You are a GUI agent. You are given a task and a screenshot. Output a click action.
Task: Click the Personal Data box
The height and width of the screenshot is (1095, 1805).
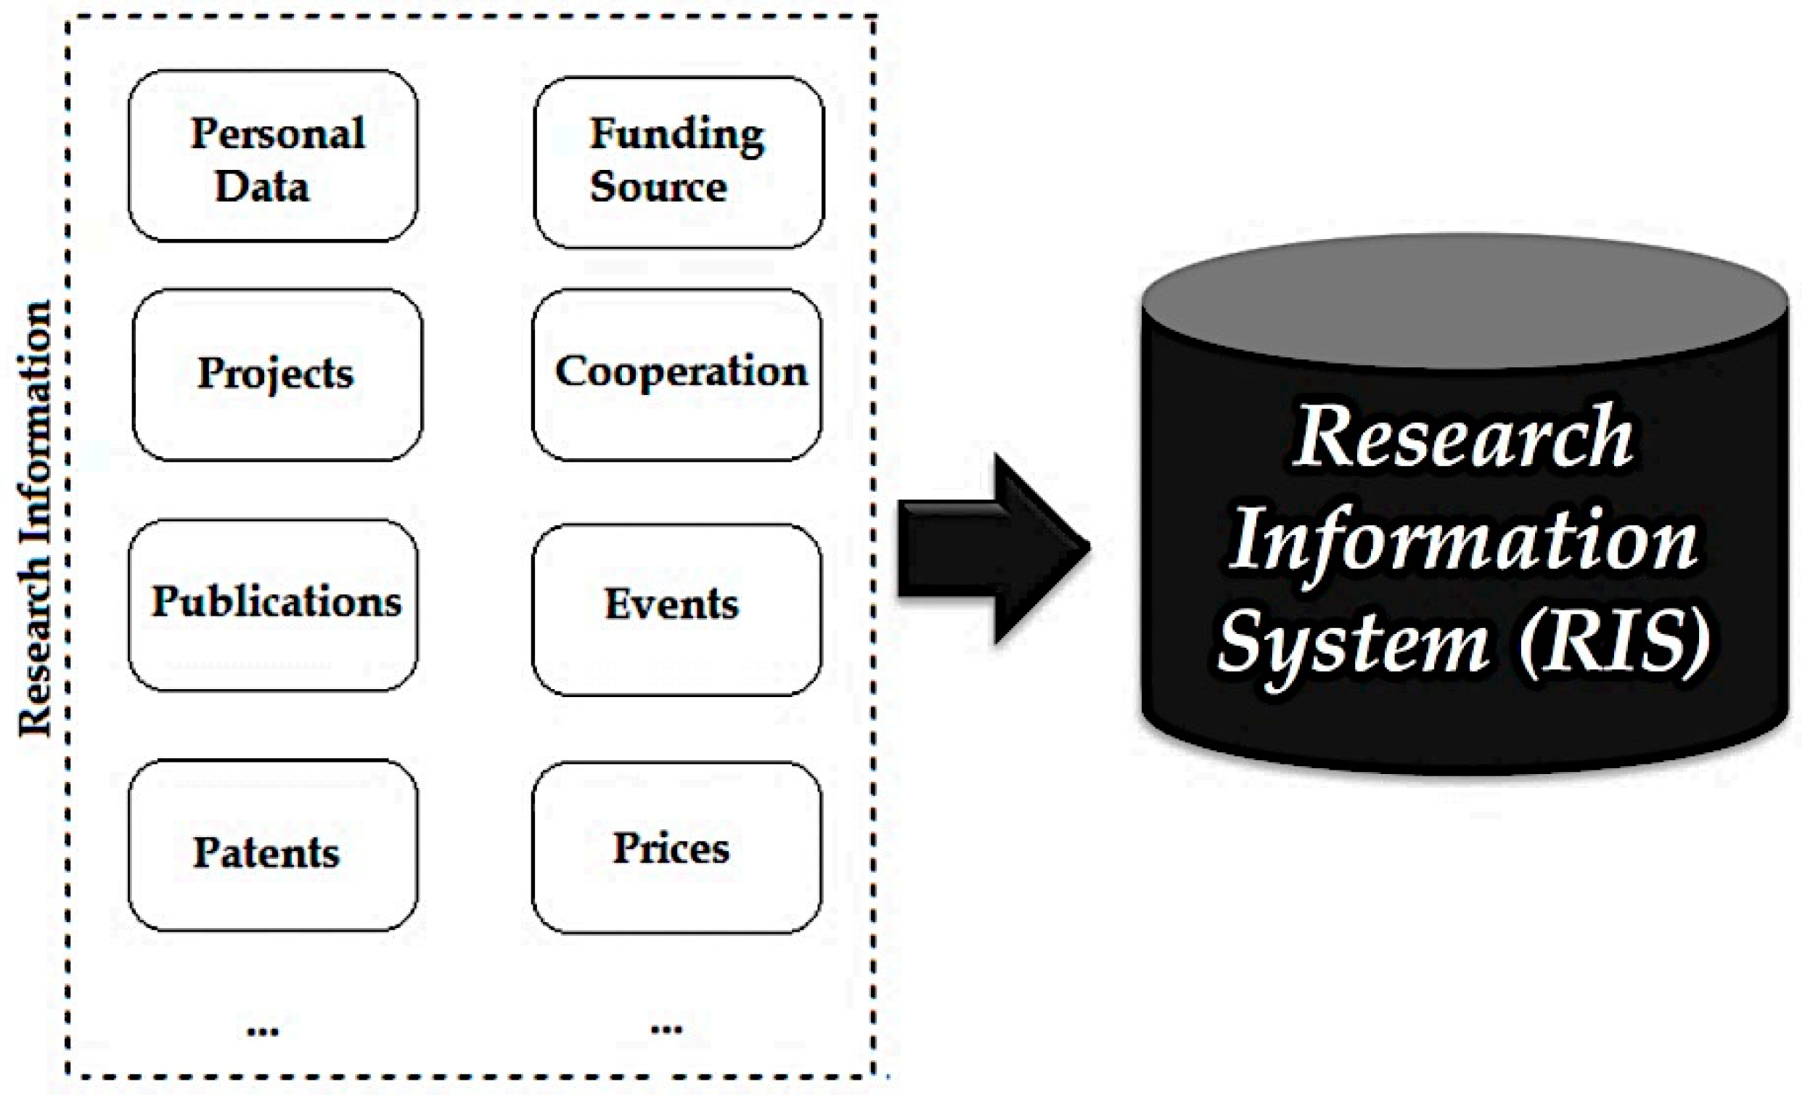tap(272, 156)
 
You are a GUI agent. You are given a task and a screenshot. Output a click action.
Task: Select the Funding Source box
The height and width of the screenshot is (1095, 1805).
tap(679, 162)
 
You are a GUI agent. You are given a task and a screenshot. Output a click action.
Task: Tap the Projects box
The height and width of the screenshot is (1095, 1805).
tap(277, 375)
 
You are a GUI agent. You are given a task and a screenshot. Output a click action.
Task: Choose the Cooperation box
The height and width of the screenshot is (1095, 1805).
tap(677, 375)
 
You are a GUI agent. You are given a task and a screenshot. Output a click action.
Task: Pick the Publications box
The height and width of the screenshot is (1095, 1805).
tap(272, 606)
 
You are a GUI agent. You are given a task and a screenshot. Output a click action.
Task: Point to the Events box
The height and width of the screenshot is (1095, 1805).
tap(677, 609)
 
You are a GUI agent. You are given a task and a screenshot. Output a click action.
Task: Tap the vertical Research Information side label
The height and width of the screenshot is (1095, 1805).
tap(35, 517)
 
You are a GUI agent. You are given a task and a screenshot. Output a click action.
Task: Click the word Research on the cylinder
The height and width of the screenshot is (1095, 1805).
tap(1462, 439)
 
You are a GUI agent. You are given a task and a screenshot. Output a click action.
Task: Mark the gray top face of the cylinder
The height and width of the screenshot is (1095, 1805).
tap(1464, 301)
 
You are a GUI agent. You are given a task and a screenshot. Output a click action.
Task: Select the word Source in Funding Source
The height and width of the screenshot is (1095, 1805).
tap(658, 187)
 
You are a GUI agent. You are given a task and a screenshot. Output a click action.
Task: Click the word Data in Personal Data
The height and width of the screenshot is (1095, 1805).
tap(261, 186)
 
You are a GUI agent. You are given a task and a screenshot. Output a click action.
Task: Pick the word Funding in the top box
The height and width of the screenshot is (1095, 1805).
tap(677, 135)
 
